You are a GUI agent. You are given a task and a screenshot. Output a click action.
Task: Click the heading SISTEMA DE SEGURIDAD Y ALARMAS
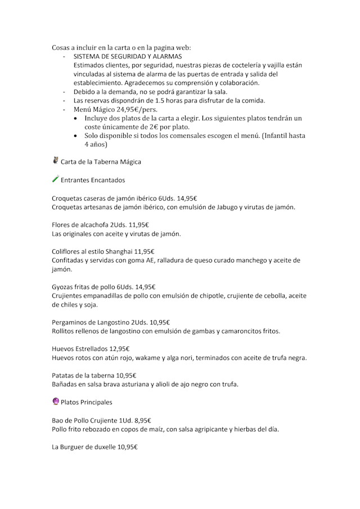point(128,57)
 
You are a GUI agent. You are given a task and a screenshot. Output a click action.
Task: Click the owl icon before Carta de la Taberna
point(55,161)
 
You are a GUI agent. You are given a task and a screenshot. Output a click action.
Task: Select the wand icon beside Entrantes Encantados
point(55,179)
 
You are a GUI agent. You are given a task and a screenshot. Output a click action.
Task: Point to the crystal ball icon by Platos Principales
point(55,402)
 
